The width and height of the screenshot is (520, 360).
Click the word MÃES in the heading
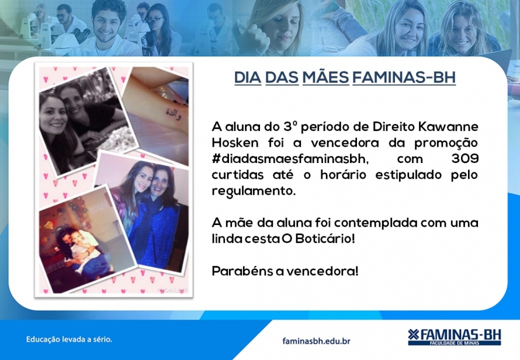(325, 77)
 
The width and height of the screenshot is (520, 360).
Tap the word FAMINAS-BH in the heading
(404, 78)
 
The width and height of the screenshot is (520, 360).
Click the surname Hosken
(235, 143)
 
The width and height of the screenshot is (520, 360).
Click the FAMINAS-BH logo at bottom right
(455, 337)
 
